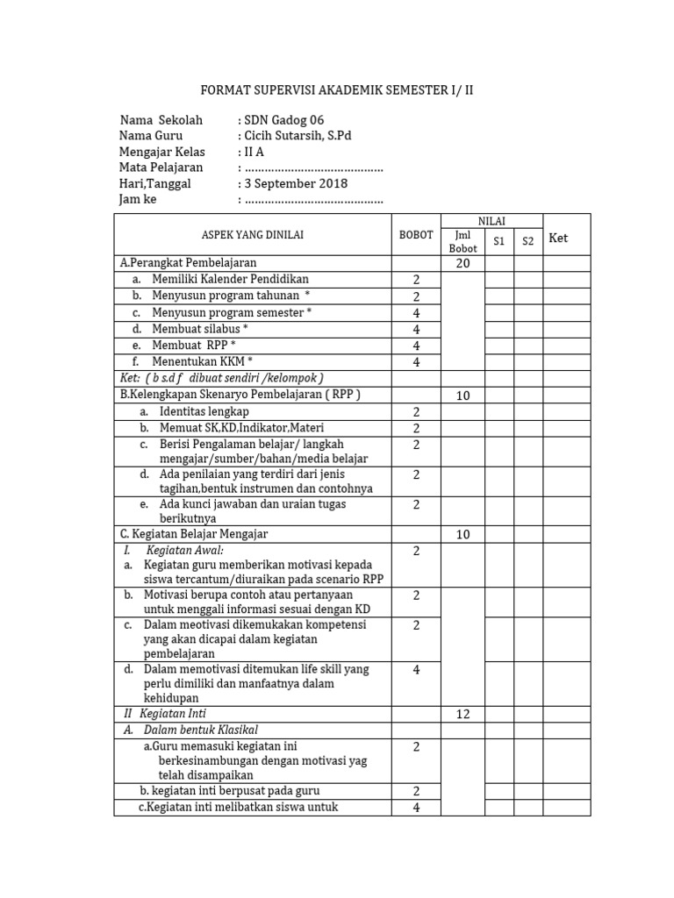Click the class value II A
click(254, 152)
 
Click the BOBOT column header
click(416, 234)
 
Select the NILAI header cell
click(491, 221)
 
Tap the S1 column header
click(498, 241)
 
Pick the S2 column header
click(527, 241)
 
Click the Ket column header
click(559, 238)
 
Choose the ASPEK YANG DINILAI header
click(252, 234)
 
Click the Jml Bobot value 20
click(462, 263)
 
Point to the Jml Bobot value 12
click(462, 714)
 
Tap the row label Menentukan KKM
click(202, 361)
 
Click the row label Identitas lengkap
click(204, 411)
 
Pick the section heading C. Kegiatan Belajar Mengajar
click(194, 533)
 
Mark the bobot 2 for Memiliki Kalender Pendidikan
click(416, 280)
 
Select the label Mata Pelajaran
click(161, 167)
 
